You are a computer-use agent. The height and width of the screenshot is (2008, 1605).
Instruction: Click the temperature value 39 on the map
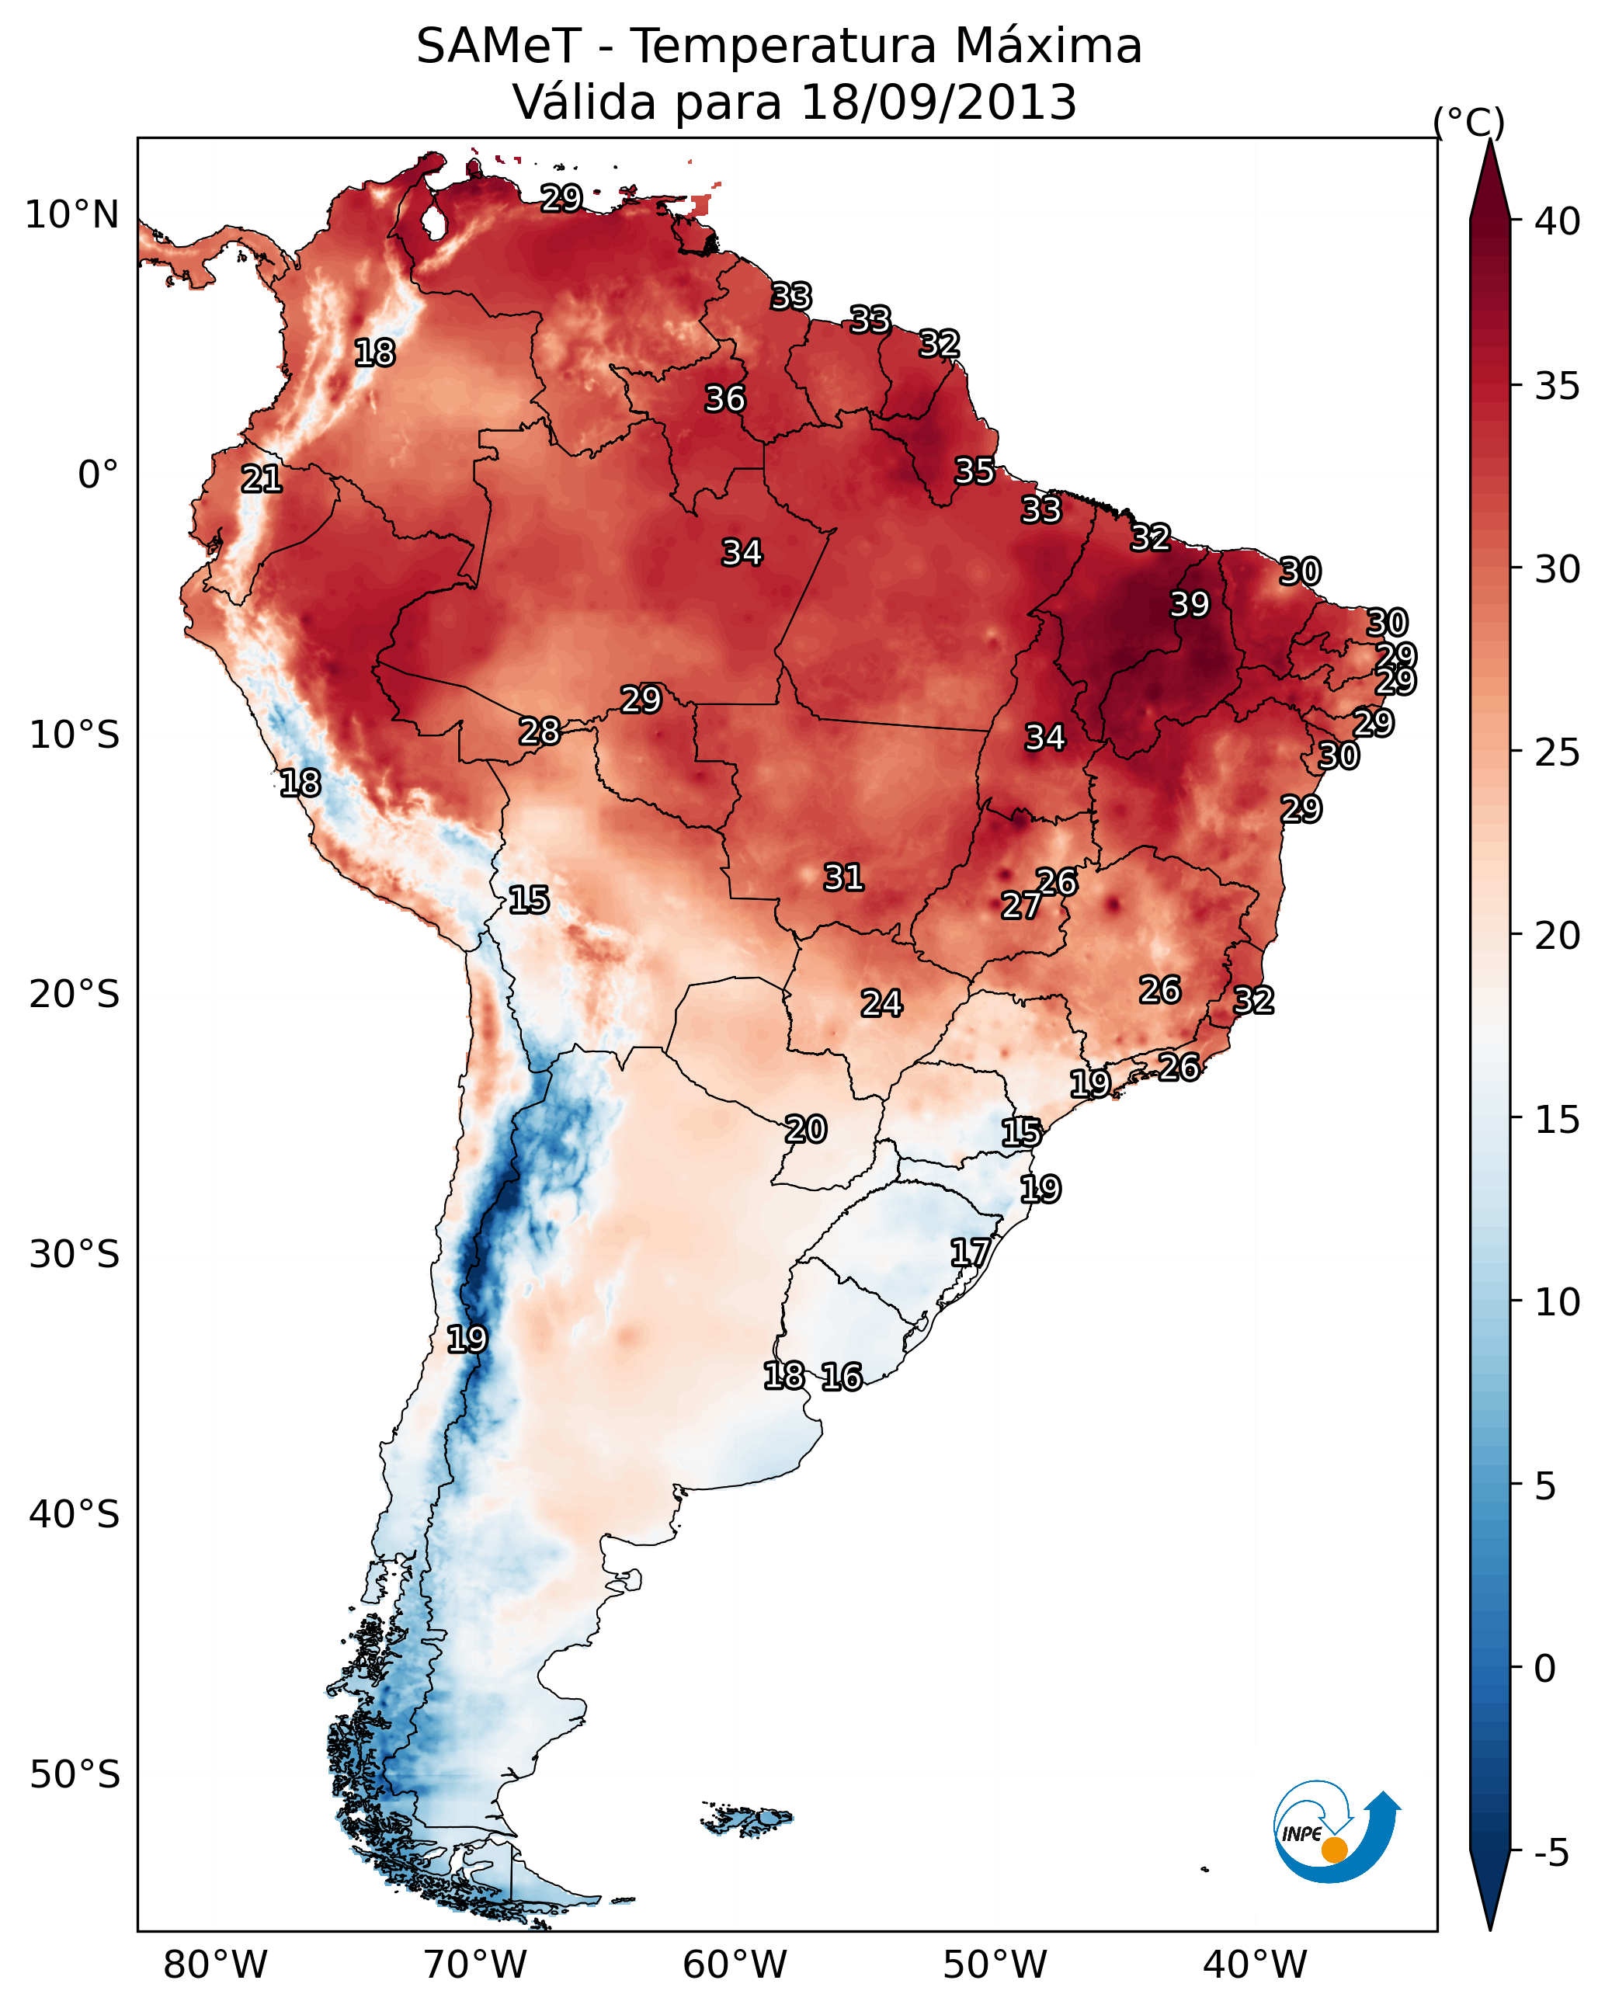[x=1190, y=604]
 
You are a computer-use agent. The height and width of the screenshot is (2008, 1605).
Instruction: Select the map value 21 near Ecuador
[x=262, y=479]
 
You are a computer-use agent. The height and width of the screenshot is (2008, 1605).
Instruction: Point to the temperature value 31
[x=844, y=877]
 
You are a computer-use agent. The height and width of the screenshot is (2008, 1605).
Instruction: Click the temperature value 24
[x=881, y=1003]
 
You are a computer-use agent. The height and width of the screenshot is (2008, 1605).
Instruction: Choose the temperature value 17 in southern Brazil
[x=970, y=1252]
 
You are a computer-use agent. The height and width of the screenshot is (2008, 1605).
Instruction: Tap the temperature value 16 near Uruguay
[x=842, y=1377]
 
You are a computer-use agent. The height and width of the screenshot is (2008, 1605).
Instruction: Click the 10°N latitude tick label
[x=71, y=215]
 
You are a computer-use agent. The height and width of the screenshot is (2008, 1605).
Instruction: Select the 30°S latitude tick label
[x=75, y=1255]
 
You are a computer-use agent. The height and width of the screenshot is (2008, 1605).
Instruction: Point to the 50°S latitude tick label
[x=75, y=1774]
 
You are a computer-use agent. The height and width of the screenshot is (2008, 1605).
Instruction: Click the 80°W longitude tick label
[x=215, y=1965]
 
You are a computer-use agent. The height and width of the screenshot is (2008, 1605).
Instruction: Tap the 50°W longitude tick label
[x=995, y=1965]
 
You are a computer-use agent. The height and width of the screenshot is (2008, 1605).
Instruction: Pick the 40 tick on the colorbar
[x=1558, y=221]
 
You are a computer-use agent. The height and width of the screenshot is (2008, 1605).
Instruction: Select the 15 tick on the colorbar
[x=1558, y=1120]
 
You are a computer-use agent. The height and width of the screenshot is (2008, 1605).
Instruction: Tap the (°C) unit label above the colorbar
[x=1469, y=122]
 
